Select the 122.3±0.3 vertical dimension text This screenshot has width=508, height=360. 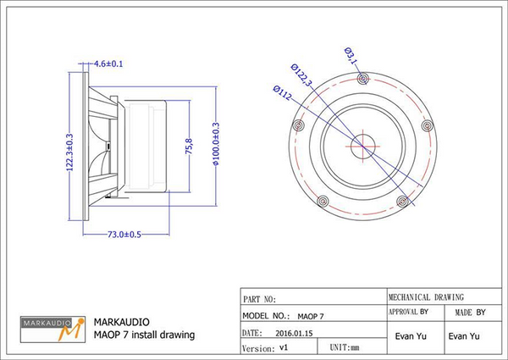tap(69, 152)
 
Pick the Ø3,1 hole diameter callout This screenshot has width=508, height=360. tap(351, 55)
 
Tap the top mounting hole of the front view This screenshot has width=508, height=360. tap(362, 79)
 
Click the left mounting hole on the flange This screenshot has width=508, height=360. tap(297, 125)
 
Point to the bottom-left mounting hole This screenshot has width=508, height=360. tap(322, 201)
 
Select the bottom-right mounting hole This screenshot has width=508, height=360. tap(402, 200)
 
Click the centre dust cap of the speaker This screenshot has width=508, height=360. tap(362, 141)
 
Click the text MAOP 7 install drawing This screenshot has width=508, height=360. tap(144, 335)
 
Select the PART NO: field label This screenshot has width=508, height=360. tap(260, 299)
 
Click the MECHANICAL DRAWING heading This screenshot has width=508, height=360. tap(426, 297)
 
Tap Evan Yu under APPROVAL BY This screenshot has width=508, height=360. tap(409, 336)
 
